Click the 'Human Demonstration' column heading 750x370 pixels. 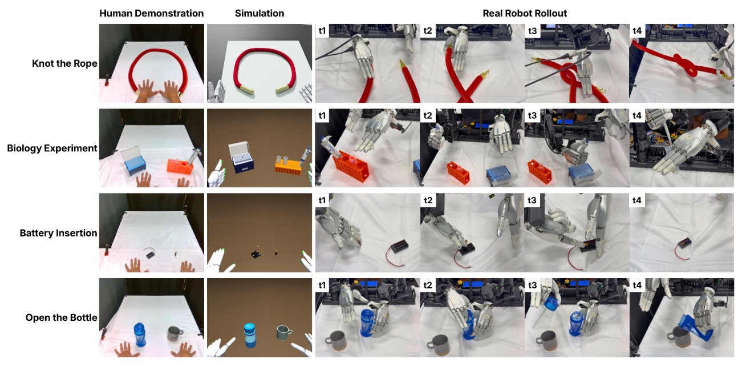click(151, 13)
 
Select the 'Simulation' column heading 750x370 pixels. click(260, 13)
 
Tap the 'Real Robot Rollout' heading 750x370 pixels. click(525, 13)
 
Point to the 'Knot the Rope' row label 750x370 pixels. click(64, 64)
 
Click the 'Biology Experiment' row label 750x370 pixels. click(52, 148)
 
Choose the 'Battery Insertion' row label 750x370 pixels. click(59, 233)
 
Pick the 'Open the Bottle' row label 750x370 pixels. click(62, 317)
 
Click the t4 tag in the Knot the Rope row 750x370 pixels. click(637, 31)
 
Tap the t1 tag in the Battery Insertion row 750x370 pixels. click(322, 200)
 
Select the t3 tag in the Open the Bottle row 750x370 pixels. click(532, 285)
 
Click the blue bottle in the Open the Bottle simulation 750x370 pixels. click(250, 335)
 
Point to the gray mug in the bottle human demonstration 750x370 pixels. click(175, 334)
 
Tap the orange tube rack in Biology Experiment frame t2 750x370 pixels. click(457, 172)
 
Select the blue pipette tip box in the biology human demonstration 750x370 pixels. click(134, 161)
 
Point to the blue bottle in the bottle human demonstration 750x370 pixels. click(139, 335)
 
